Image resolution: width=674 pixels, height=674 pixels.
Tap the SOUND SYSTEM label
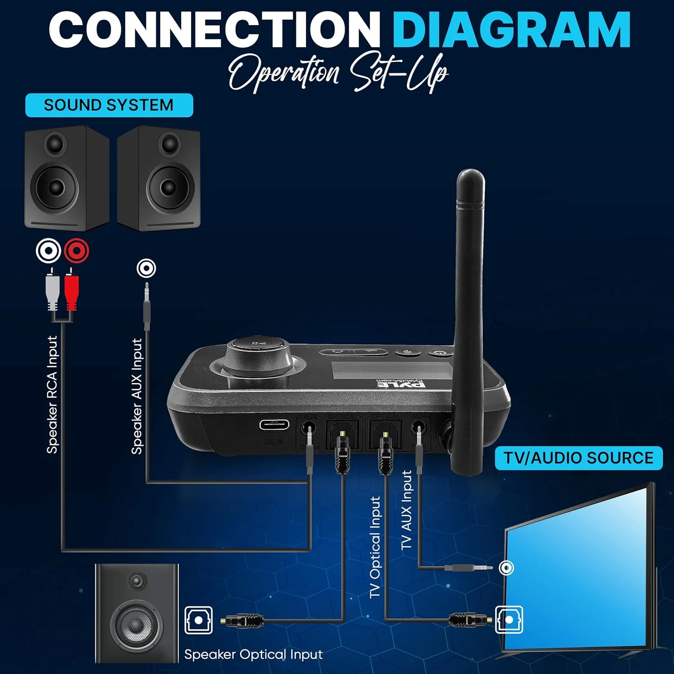tap(109, 105)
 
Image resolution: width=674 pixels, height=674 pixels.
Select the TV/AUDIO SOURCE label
tap(578, 458)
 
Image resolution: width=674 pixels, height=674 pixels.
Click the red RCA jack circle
tap(76, 250)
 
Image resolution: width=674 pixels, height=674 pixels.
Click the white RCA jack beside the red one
tap(49, 250)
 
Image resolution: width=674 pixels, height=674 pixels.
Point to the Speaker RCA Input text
tap(53, 395)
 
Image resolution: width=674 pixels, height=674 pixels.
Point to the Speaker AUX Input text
tap(137, 396)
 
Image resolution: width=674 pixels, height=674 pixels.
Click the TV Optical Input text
tap(375, 547)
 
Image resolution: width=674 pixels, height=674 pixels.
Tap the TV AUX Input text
tap(407, 510)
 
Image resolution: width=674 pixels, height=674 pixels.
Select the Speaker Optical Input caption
tap(253, 654)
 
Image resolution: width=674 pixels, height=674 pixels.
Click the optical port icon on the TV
tap(509, 620)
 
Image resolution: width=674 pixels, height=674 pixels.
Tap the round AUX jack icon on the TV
tap(506, 568)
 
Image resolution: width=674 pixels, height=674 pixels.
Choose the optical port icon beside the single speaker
tap(199, 620)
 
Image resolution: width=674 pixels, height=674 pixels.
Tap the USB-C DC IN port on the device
tap(274, 425)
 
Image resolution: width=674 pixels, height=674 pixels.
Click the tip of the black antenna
tap(470, 176)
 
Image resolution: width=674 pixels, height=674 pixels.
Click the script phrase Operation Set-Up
tap(338, 72)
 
